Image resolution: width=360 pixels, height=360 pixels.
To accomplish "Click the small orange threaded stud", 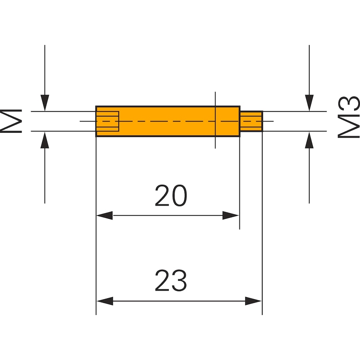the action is [x=251, y=121].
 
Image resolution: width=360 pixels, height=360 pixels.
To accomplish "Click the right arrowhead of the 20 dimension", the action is [x=231, y=216].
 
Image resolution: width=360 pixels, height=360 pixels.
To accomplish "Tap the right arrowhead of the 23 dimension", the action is [x=254, y=301].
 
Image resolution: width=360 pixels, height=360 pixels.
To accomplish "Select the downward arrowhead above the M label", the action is [x=45, y=103].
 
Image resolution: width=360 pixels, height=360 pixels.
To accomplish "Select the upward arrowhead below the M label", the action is [x=45, y=139].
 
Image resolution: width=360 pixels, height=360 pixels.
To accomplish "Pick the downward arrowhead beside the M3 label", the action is [x=309, y=103].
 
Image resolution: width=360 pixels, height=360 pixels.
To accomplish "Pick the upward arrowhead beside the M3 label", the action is [x=309, y=139].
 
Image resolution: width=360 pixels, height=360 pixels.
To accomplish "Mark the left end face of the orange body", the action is [x=96, y=121].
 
